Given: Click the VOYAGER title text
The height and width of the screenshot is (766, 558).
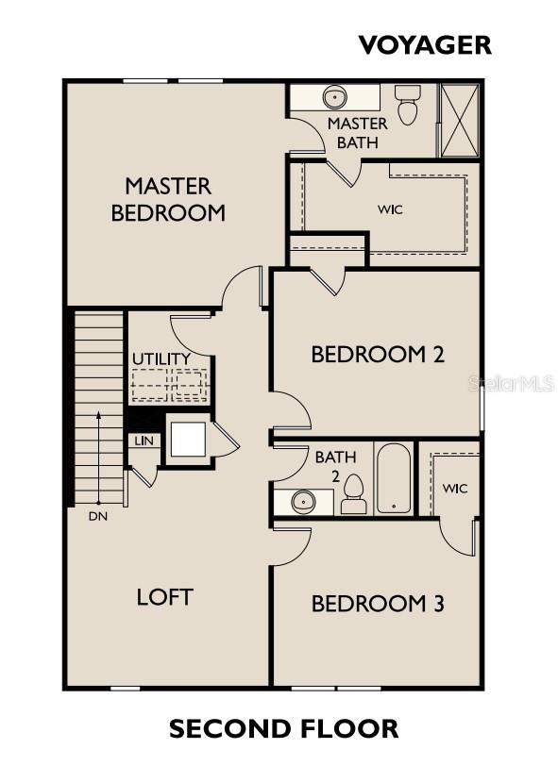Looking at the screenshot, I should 425,44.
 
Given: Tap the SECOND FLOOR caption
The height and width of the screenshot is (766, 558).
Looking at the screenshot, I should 283,728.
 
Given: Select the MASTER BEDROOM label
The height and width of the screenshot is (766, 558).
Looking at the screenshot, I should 168,199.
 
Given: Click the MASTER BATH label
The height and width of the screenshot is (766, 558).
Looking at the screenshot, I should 357,133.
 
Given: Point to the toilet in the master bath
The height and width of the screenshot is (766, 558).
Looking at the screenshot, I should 407,106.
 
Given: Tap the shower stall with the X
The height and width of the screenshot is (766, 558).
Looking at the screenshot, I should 460,120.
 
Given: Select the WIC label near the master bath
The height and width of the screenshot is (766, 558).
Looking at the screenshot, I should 390,209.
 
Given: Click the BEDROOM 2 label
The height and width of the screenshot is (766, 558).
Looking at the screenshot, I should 378,355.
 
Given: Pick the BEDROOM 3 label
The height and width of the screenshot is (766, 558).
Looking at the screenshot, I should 378,604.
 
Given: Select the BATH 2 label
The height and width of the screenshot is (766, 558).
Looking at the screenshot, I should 335,465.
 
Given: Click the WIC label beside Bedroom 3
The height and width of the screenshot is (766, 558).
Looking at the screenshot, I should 455,489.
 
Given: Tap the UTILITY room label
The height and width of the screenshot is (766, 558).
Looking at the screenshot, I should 161,359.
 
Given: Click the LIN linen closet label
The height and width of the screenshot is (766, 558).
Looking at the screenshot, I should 144,441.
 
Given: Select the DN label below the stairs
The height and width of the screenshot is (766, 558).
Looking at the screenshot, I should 98,516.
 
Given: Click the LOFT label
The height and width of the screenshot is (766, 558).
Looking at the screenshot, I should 165,596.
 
